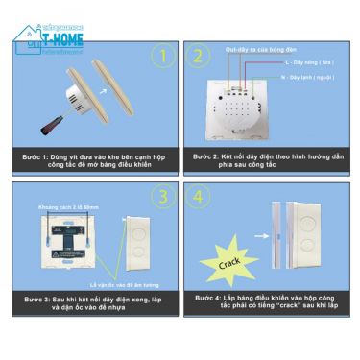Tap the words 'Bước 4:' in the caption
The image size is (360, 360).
point(206,298)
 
